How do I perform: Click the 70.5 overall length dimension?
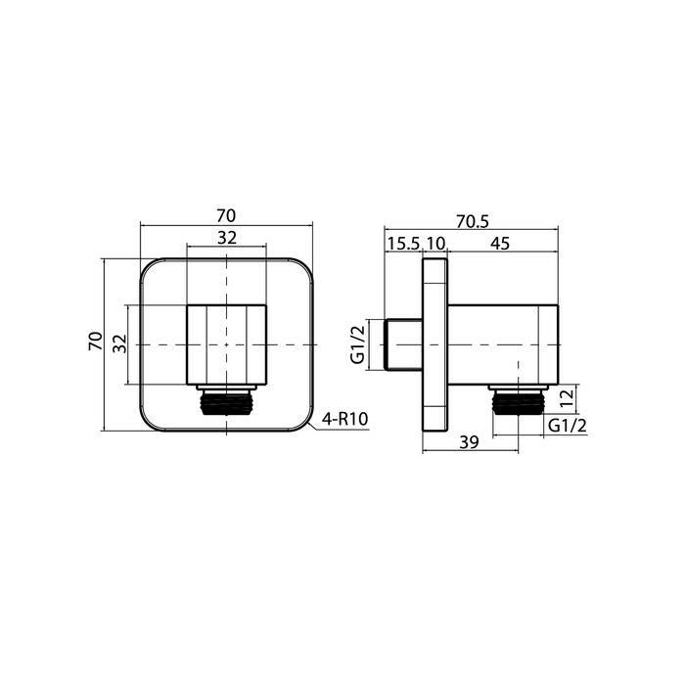point(473,221)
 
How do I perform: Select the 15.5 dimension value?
point(403,244)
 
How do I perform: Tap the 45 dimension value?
point(500,244)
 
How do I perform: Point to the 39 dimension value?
point(469,442)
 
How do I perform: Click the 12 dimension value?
point(567,398)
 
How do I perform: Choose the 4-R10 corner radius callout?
point(344,420)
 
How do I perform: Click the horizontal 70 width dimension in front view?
point(226,216)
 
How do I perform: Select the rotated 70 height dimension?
point(96,341)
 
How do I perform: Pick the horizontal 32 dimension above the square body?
point(227,238)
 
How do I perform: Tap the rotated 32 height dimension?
point(119,343)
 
